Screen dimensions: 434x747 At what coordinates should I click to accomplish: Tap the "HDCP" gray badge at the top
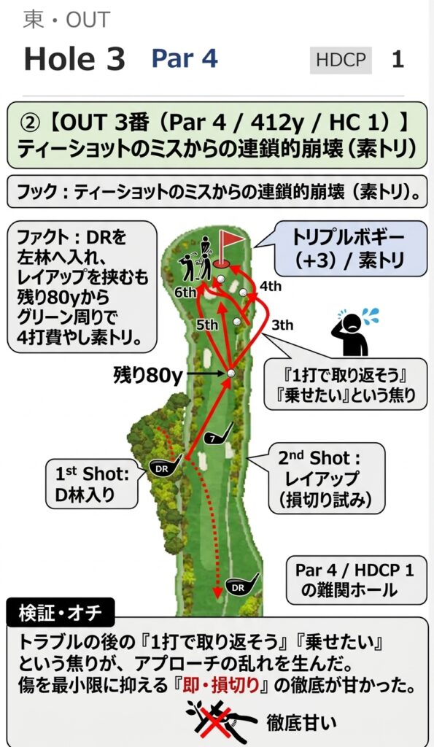341,61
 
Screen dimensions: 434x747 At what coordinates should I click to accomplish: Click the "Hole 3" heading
74,60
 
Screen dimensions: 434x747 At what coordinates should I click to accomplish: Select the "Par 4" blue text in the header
185,58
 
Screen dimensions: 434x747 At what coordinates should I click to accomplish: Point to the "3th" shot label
282,325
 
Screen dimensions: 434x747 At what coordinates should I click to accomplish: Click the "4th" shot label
270,286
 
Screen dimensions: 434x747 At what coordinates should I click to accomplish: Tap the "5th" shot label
207,325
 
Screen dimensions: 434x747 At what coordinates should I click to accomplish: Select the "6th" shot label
185,292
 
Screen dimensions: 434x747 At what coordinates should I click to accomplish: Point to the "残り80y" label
147,376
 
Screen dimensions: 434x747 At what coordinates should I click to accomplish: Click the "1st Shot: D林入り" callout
92,484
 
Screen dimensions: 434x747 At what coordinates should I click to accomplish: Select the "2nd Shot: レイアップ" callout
326,479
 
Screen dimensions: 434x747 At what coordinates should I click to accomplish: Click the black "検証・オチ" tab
61,612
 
